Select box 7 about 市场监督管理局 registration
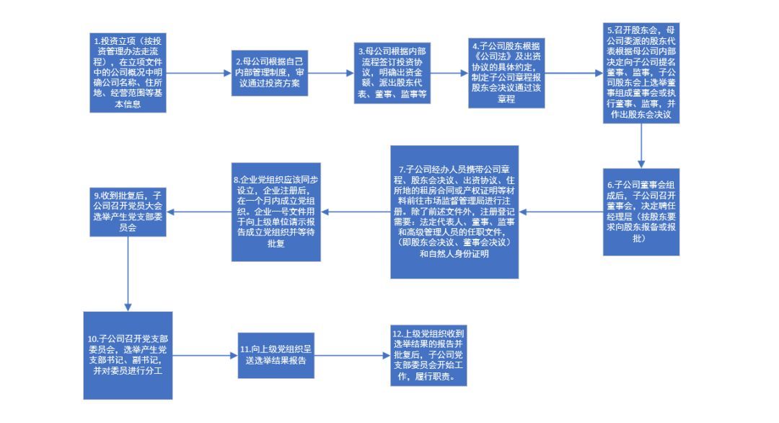click(455, 211)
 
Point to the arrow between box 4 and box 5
click(573, 73)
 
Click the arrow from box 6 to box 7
click(563, 211)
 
